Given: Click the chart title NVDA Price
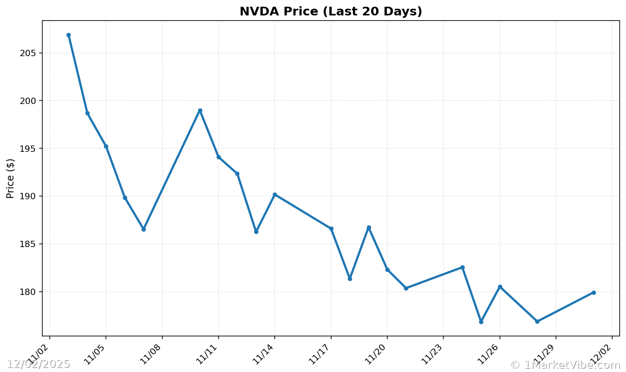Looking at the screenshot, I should pyautogui.click(x=331, y=11).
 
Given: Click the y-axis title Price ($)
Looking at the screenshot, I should pyautogui.click(x=11, y=178).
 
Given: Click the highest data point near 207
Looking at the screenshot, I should pyautogui.click(x=68, y=35).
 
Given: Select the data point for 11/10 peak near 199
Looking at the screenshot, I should pyautogui.click(x=200, y=111).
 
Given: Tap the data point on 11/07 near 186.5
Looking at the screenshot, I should pyautogui.click(x=143, y=229).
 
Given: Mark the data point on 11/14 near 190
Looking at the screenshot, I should pyautogui.click(x=275, y=194).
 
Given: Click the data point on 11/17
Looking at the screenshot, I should pyautogui.click(x=331, y=228).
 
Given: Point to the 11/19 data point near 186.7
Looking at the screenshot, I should pyautogui.click(x=369, y=228).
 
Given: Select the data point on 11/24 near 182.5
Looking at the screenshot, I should pyautogui.click(x=462, y=268).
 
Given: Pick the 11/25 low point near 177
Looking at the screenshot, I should pyautogui.click(x=481, y=322).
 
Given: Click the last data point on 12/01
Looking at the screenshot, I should pyautogui.click(x=594, y=293).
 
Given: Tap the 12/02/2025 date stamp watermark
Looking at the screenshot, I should pyautogui.click(x=39, y=364).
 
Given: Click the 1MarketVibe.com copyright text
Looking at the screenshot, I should pyautogui.click(x=566, y=365).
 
